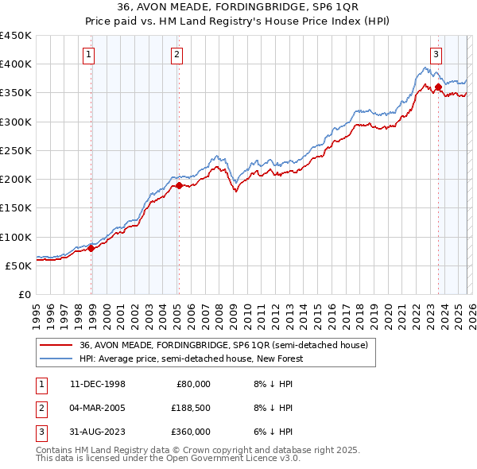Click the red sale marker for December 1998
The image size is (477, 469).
91,248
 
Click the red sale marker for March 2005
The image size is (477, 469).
179,185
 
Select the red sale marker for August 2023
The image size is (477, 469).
438,87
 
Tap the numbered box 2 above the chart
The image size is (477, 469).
176,55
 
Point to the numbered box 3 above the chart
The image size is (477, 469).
436,55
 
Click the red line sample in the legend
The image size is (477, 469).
56,346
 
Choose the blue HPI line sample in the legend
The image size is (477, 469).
56,359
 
